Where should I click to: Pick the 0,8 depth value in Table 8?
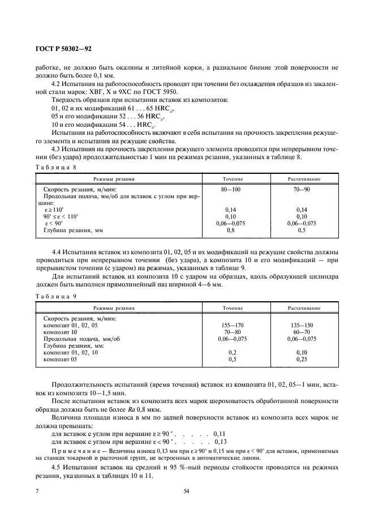[230, 230]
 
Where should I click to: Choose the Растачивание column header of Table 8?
[304, 178]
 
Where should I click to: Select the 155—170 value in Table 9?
[230, 326]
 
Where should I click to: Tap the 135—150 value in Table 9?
[304, 326]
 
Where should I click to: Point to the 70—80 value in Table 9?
[230, 332]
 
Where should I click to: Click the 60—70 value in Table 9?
[304, 332]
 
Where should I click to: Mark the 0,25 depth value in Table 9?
[304, 358]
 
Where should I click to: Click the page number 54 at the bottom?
[186, 491]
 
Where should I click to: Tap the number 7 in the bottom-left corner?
[37, 491]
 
